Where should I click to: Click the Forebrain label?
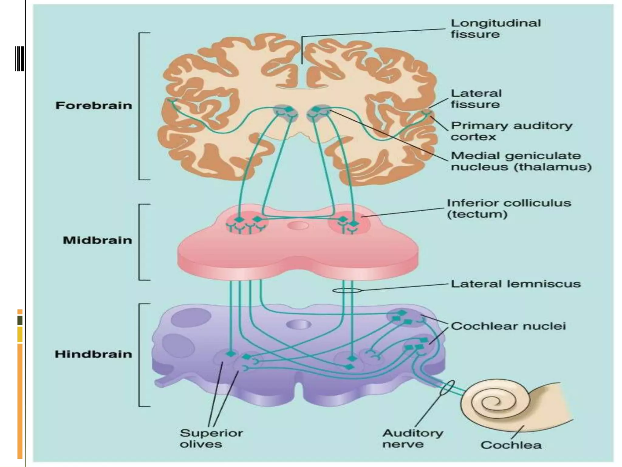[x=94, y=106]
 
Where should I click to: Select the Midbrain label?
[x=97, y=240]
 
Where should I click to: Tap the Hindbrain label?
[x=93, y=354]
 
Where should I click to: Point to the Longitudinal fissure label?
[x=495, y=29]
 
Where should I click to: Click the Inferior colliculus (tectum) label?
[x=509, y=209]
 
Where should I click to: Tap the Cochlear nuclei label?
[x=508, y=326]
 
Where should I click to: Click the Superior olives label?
[x=211, y=438]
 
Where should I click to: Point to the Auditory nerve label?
[x=412, y=438]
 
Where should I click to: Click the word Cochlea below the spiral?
[x=511, y=445]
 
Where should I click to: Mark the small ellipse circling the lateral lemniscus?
[x=347, y=291]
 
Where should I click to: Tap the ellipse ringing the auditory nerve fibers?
[x=447, y=388]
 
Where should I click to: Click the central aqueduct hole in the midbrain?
[x=298, y=226]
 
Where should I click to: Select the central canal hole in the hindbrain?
[x=299, y=324]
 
